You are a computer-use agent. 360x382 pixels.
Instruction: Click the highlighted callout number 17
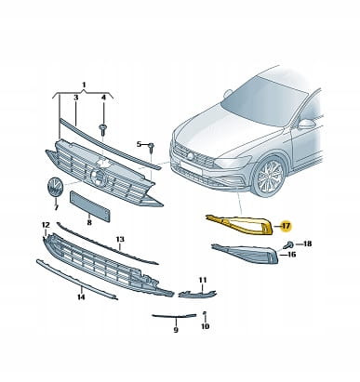pyautogui.click(x=286, y=226)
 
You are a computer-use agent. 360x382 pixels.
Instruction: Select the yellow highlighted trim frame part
pyautogui.click(x=239, y=219)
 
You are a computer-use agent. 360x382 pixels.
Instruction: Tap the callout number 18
pyautogui.click(x=307, y=244)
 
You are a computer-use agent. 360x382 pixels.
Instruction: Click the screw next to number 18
pyautogui.click(x=289, y=244)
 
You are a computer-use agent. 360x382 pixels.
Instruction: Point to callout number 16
pyautogui.click(x=292, y=255)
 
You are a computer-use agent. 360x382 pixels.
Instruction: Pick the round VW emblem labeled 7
pyautogui.click(x=55, y=188)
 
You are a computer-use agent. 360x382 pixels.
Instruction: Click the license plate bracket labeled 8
pyautogui.click(x=89, y=206)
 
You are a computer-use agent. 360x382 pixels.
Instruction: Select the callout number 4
pyautogui.click(x=103, y=98)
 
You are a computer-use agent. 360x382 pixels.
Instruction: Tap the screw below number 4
pyautogui.click(x=102, y=129)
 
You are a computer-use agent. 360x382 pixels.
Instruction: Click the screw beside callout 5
pyautogui.click(x=152, y=147)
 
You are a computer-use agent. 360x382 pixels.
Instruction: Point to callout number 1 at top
pyautogui.click(x=84, y=85)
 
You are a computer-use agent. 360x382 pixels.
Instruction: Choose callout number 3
pyautogui.click(x=75, y=98)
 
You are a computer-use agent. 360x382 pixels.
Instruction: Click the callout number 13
pyautogui.click(x=120, y=240)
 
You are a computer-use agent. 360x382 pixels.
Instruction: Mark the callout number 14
pyautogui.click(x=81, y=297)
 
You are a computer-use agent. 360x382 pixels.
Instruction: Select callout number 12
pyautogui.click(x=46, y=225)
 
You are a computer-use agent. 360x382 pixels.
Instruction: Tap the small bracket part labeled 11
pyautogui.click(x=197, y=294)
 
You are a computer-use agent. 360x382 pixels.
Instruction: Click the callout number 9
pyautogui.click(x=176, y=330)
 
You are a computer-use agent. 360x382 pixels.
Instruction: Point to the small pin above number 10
pyautogui.click(x=205, y=315)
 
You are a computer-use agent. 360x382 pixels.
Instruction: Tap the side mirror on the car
pyautogui.click(x=305, y=124)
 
